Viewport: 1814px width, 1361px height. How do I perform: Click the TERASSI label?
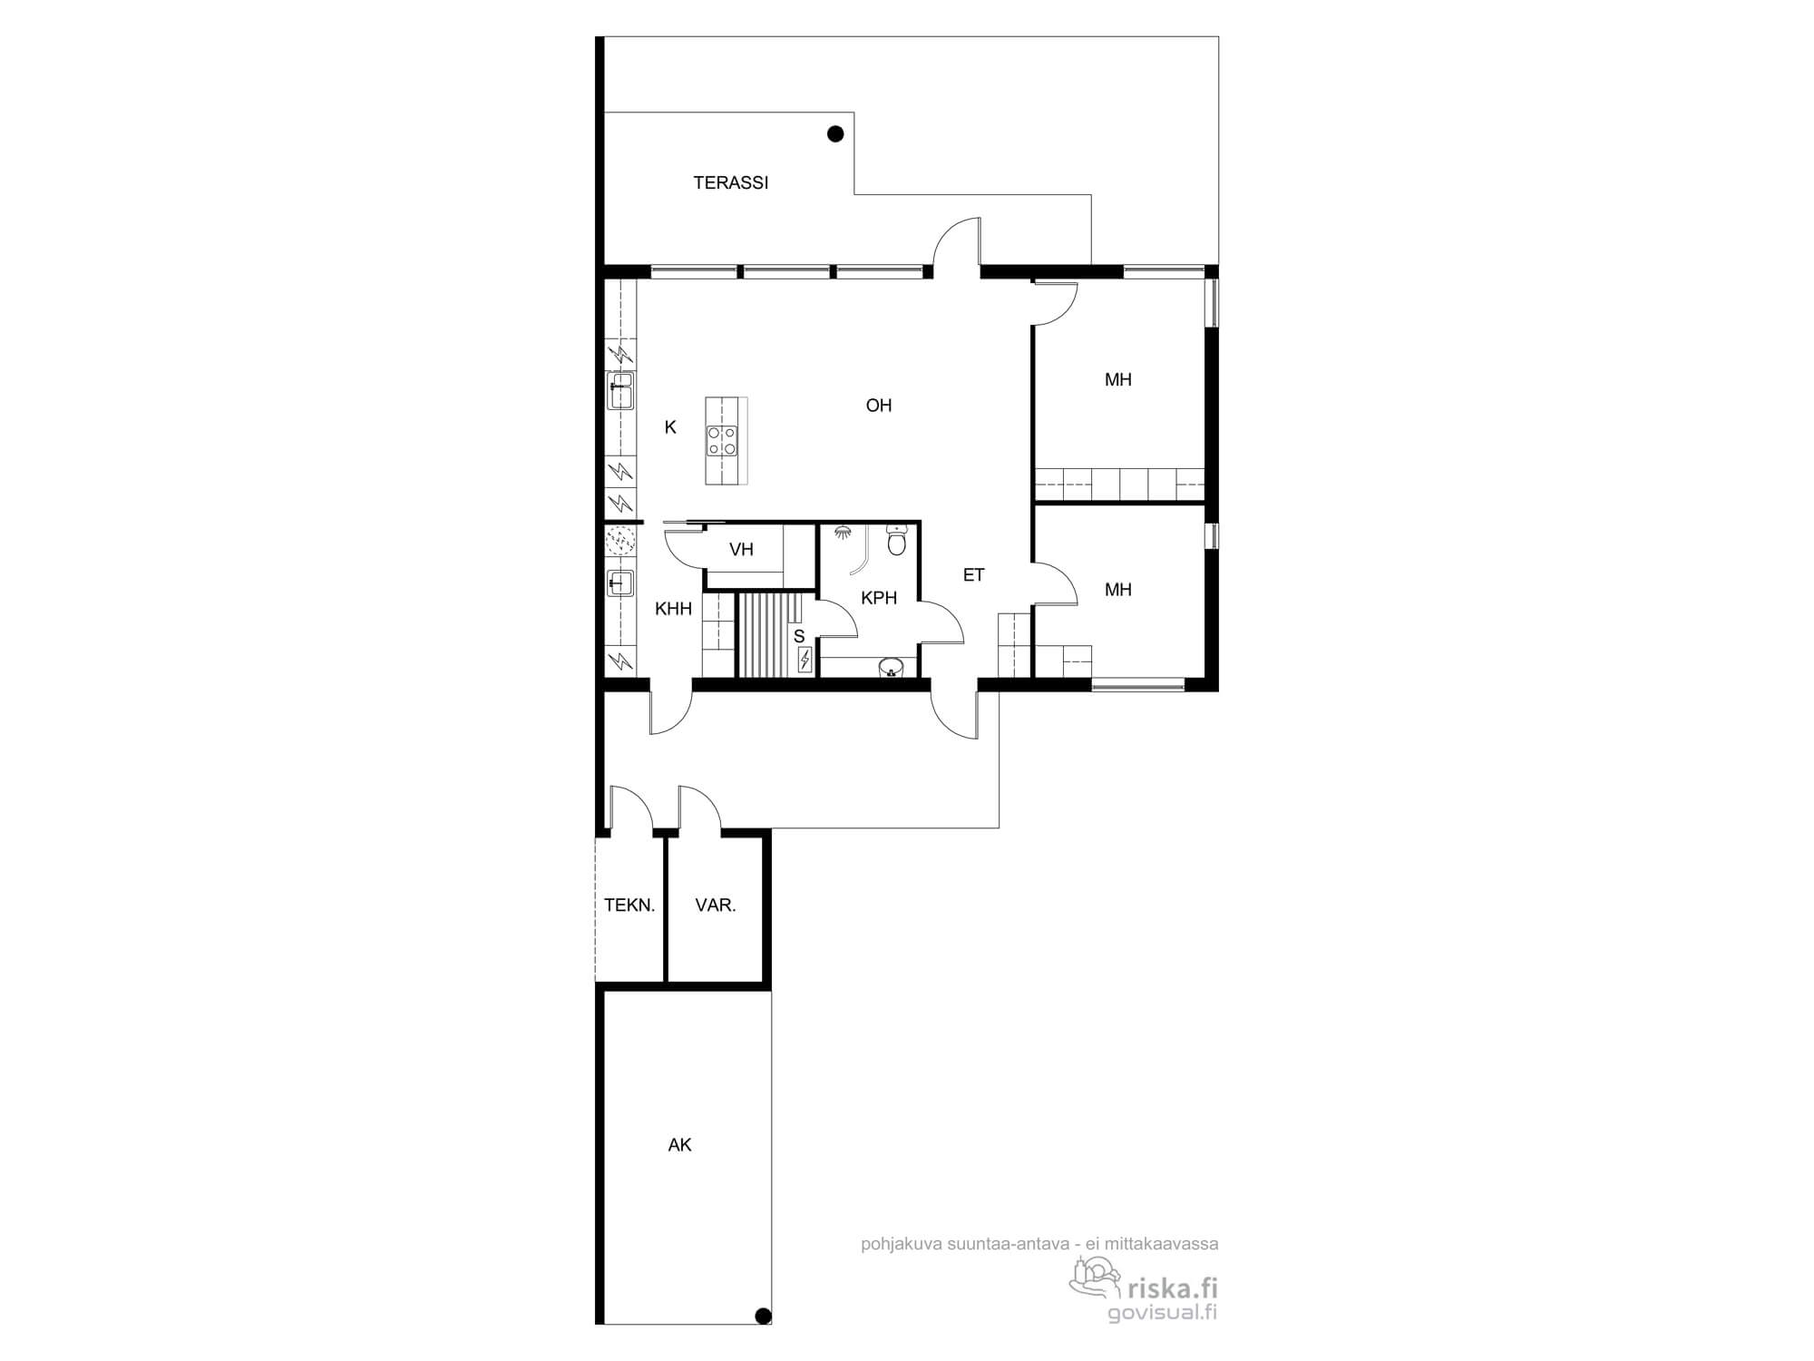(x=730, y=182)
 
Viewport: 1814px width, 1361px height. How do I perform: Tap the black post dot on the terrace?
(x=835, y=134)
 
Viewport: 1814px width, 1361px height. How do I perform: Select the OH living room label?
(x=879, y=406)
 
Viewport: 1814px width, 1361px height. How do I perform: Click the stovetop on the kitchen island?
(x=722, y=441)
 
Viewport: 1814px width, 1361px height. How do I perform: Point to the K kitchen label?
(x=670, y=427)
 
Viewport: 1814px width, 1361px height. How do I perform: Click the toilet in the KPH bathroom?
(x=896, y=541)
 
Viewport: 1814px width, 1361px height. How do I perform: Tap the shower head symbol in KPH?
(x=844, y=532)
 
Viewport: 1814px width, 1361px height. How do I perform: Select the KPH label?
(x=879, y=598)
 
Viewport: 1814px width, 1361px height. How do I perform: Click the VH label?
(x=741, y=549)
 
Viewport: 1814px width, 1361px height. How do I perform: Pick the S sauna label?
(x=799, y=637)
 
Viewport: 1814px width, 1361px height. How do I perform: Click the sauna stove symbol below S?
(x=805, y=660)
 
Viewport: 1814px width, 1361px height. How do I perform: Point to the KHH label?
(x=673, y=609)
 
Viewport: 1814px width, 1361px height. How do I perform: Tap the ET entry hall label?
(x=973, y=574)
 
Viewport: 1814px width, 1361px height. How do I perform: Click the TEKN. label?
(x=629, y=905)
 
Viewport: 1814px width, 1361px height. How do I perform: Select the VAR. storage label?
(x=716, y=905)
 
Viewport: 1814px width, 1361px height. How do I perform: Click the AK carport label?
(x=679, y=1145)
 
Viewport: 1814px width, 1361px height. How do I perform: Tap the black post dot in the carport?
(x=763, y=1316)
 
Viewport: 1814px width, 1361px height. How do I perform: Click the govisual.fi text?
(x=1163, y=1313)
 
